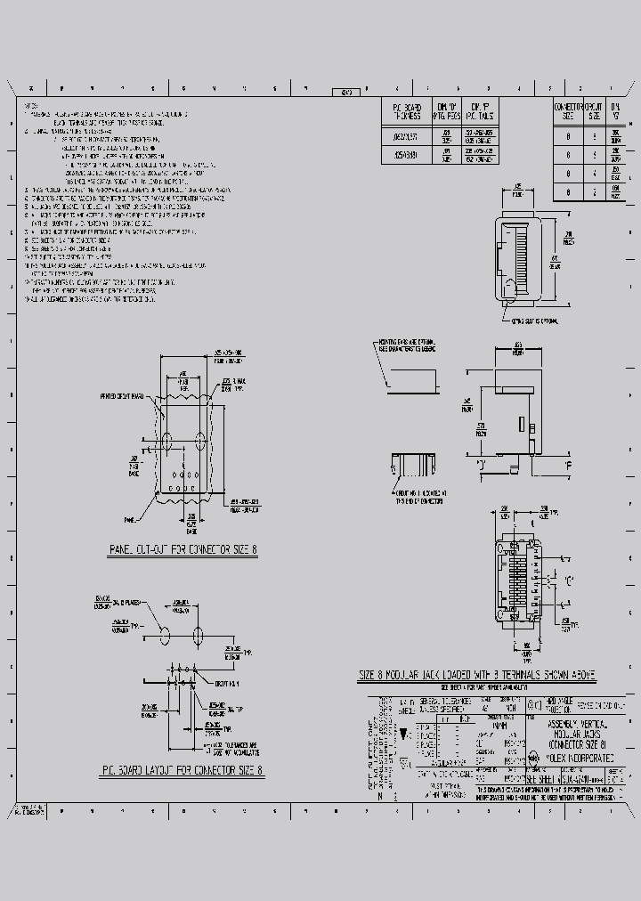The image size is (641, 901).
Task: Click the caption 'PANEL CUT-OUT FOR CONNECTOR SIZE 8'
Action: click(x=182, y=550)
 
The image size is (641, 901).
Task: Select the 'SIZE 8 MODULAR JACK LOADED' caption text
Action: click(x=476, y=676)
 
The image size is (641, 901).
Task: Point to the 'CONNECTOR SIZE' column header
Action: click(x=569, y=110)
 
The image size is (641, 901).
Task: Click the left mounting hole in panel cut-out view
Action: click(x=166, y=440)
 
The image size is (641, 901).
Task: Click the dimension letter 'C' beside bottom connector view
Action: click(x=568, y=580)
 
